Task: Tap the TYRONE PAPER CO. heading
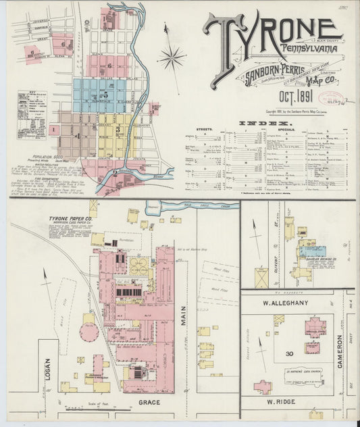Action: point(75,220)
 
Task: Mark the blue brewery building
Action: point(312,251)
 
